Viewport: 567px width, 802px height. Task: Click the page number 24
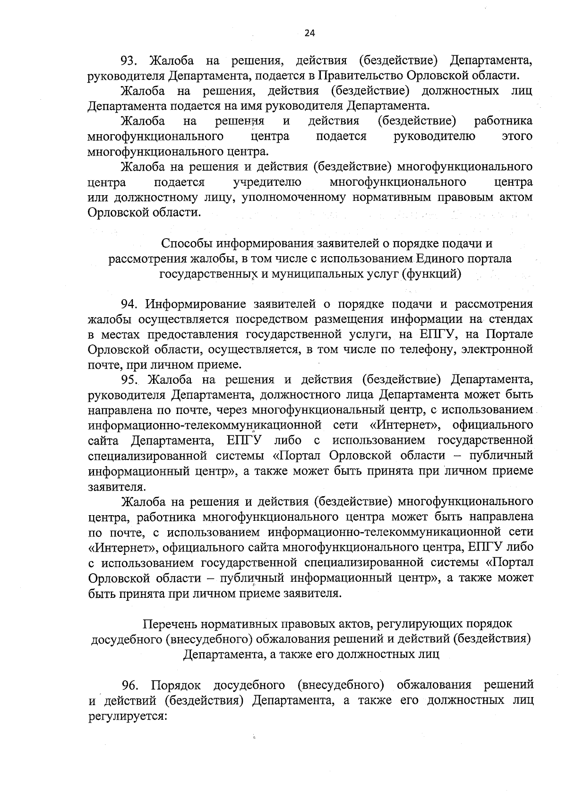309,33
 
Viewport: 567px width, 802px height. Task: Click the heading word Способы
187,244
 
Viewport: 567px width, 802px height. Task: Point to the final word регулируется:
129,716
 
